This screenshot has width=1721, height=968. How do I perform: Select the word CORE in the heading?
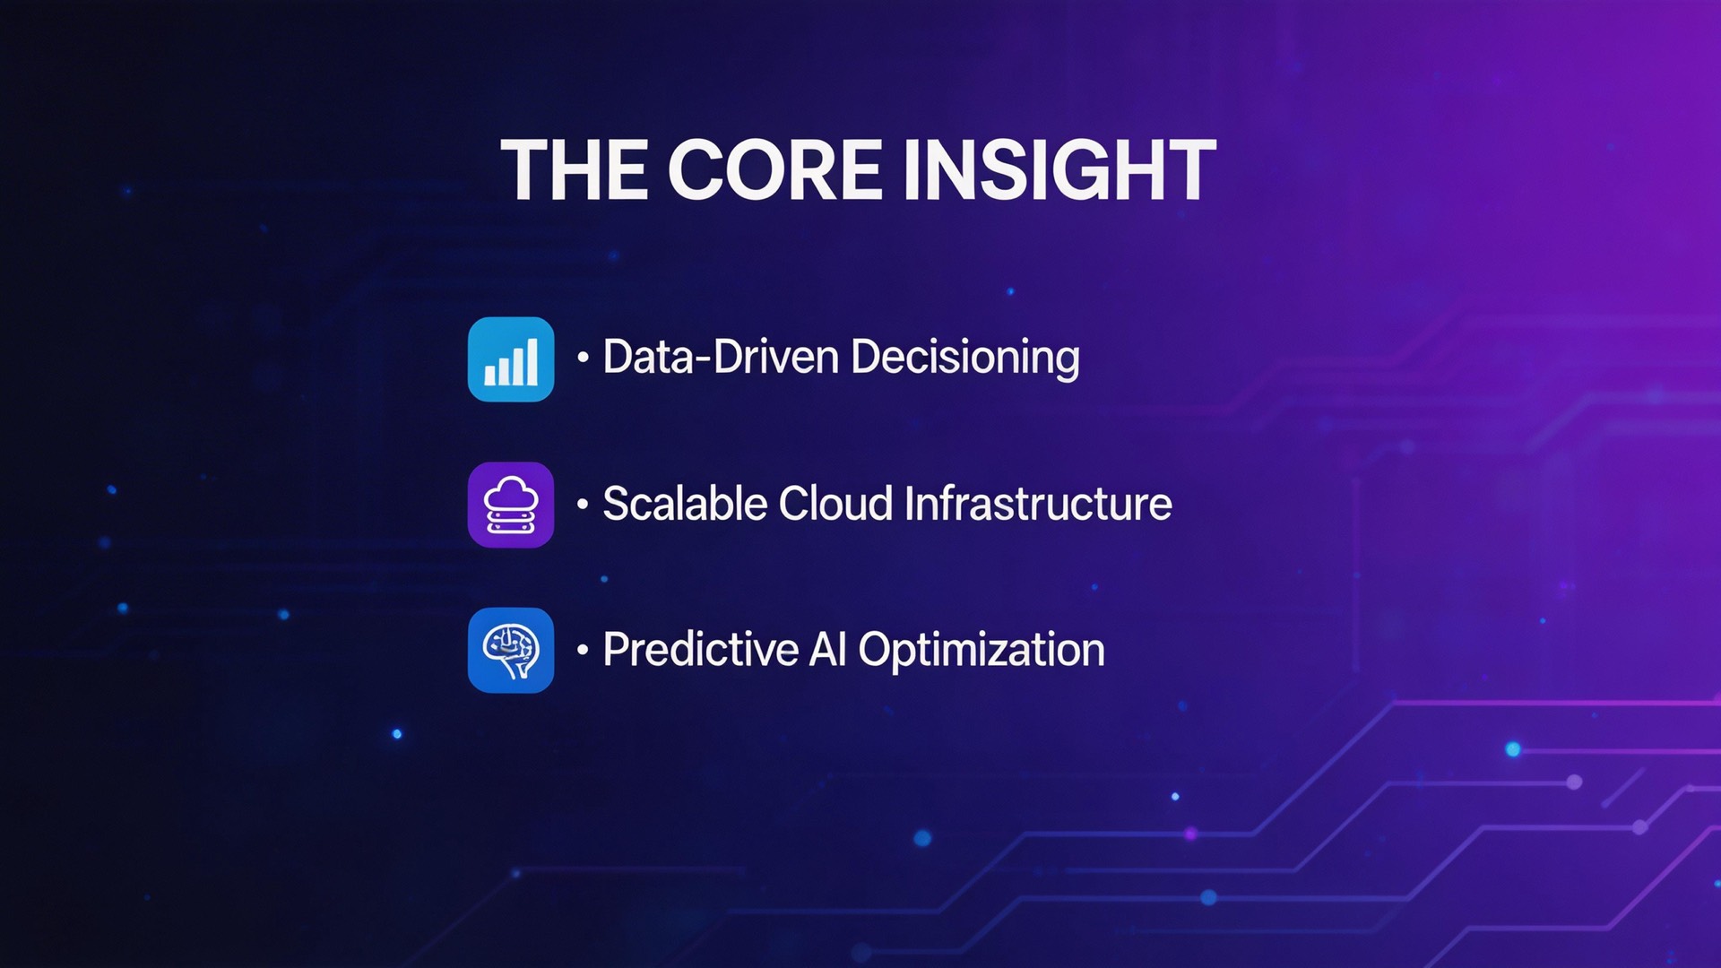point(775,170)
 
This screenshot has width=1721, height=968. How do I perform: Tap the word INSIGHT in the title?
point(1059,170)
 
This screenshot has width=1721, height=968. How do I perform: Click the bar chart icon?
point(511,359)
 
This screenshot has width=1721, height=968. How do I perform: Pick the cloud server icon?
point(511,506)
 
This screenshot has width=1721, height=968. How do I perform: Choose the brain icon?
point(511,651)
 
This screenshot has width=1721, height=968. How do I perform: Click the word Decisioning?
point(965,357)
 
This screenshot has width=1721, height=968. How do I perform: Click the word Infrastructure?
point(1038,504)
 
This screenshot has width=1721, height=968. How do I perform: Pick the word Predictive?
point(700,650)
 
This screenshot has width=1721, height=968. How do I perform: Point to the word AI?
point(827,650)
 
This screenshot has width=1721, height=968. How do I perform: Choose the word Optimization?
point(982,650)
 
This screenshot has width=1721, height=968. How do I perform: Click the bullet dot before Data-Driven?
point(583,358)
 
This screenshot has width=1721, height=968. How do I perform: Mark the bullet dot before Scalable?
point(583,505)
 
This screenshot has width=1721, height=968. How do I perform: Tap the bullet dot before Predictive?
point(583,650)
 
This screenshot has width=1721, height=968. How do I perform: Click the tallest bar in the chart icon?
point(532,361)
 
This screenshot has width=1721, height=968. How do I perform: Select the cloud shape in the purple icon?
point(511,492)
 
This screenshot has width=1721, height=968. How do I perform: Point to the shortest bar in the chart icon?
point(489,376)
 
